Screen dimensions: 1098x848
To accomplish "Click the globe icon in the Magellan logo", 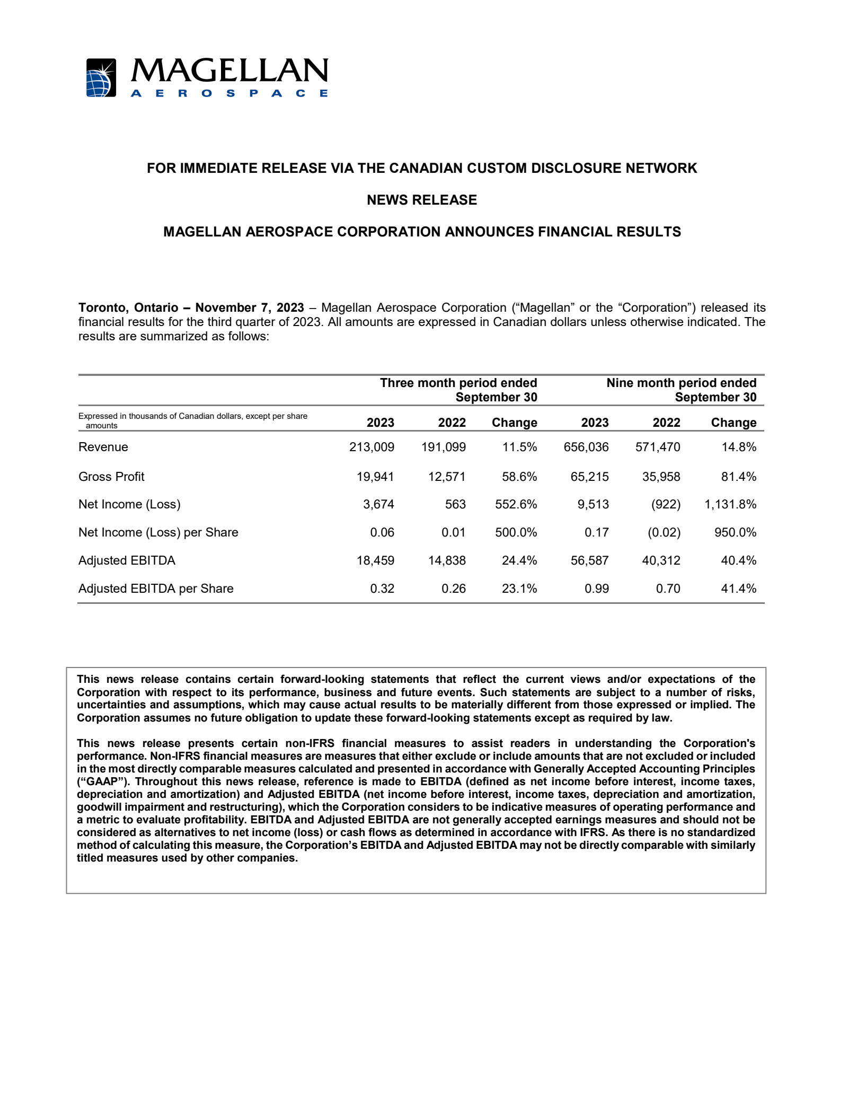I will (x=101, y=78).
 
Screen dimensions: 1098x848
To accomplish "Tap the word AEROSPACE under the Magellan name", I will (x=229, y=93).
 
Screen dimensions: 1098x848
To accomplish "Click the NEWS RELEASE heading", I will (x=422, y=200).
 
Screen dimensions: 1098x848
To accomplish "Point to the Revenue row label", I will (x=103, y=447).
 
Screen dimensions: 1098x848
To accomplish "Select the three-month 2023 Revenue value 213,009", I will (x=372, y=447).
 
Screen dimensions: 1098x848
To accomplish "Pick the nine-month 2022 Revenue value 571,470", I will (x=658, y=447).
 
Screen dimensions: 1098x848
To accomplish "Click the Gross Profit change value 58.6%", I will (x=519, y=477).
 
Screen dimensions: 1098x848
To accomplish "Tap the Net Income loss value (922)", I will (x=666, y=504).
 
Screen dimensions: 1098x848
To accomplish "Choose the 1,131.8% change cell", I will (x=730, y=504).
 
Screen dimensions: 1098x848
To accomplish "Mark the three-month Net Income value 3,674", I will (x=378, y=504).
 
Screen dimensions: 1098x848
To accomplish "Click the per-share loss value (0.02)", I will (x=664, y=532).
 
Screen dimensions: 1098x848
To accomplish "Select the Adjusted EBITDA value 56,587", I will (x=589, y=560).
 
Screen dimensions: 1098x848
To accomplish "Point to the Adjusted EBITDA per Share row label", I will (x=156, y=588).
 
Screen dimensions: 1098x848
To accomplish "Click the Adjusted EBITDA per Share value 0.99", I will (x=597, y=588).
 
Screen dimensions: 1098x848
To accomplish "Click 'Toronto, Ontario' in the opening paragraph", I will (x=128, y=308).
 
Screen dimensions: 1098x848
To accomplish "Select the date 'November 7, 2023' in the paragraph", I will (x=250, y=308).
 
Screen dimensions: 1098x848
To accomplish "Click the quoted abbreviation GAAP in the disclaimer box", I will (x=101, y=781).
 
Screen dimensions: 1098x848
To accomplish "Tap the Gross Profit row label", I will (x=111, y=477).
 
